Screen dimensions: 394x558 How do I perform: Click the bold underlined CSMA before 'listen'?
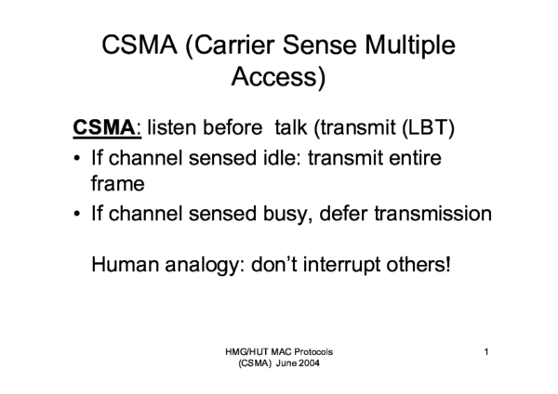[x=101, y=126]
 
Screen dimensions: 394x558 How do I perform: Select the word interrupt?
[x=339, y=265]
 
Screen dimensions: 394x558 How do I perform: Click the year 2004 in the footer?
[x=309, y=364]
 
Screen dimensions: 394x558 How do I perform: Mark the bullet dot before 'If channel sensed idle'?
[x=76, y=160]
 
